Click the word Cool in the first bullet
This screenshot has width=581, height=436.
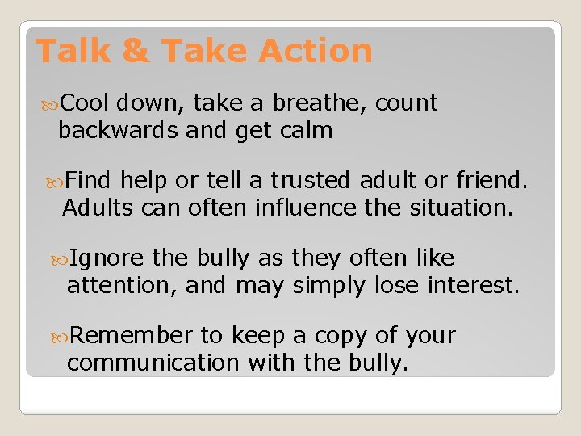(85, 103)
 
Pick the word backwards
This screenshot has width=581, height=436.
(118, 130)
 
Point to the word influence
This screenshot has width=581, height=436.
(306, 208)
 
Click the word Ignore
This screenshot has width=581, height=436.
(107, 258)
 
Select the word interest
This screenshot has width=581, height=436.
(474, 285)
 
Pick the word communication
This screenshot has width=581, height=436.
(153, 363)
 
